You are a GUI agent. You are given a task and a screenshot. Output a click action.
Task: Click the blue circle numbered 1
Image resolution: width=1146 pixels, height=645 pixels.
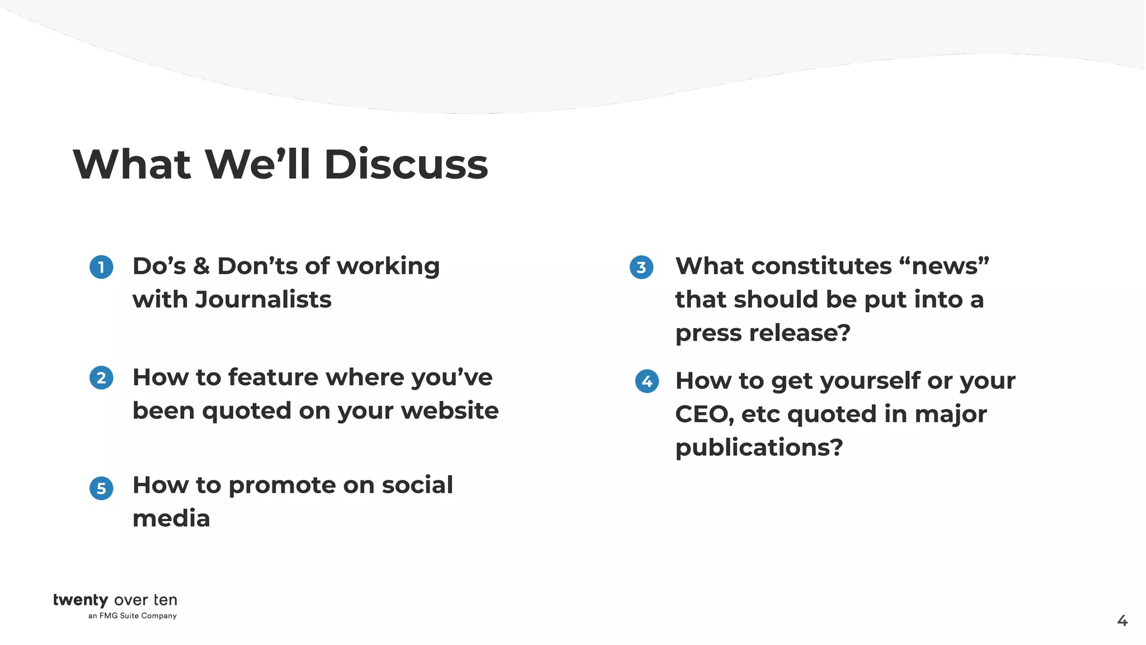point(101,267)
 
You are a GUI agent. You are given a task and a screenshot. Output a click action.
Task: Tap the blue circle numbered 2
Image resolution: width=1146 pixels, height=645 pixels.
point(101,378)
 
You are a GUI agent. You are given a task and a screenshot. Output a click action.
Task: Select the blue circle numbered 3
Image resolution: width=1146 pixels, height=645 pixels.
point(641,268)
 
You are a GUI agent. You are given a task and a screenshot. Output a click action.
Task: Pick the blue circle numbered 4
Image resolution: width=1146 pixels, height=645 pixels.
point(647,381)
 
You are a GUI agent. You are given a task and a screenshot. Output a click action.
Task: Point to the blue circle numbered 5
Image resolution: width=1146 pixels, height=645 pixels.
point(101,488)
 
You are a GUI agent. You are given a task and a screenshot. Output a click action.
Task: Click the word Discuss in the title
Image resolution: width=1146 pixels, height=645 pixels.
point(406,165)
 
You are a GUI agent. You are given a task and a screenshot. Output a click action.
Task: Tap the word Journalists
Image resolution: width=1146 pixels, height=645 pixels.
point(263,300)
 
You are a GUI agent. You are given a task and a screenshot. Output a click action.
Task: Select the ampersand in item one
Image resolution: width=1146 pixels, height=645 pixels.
point(201,267)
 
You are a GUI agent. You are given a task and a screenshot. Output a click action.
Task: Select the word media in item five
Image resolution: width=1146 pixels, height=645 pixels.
point(171,518)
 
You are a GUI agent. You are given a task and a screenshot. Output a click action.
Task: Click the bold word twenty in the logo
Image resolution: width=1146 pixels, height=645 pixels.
point(81,600)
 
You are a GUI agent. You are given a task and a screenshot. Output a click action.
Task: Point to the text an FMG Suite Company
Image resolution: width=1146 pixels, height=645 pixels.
point(133,616)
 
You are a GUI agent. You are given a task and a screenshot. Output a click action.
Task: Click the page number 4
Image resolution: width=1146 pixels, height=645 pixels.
point(1122,620)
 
